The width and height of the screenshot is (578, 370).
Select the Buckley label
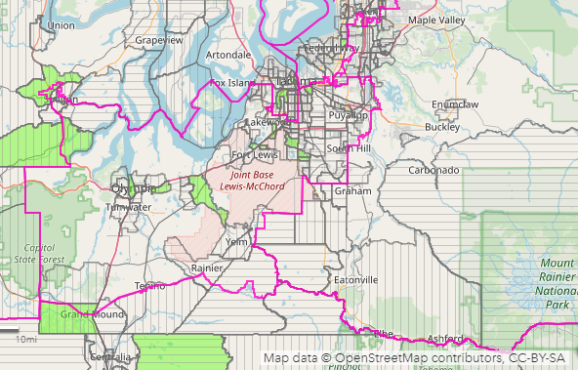442,127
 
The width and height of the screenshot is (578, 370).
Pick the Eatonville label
355,280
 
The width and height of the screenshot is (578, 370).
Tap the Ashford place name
444,338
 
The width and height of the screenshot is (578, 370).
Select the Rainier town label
207,267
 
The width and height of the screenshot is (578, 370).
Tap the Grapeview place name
159,41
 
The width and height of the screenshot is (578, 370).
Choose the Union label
61,25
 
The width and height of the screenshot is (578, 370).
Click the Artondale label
228,55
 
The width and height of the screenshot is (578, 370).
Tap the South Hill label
350,148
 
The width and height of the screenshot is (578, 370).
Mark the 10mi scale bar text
26,339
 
